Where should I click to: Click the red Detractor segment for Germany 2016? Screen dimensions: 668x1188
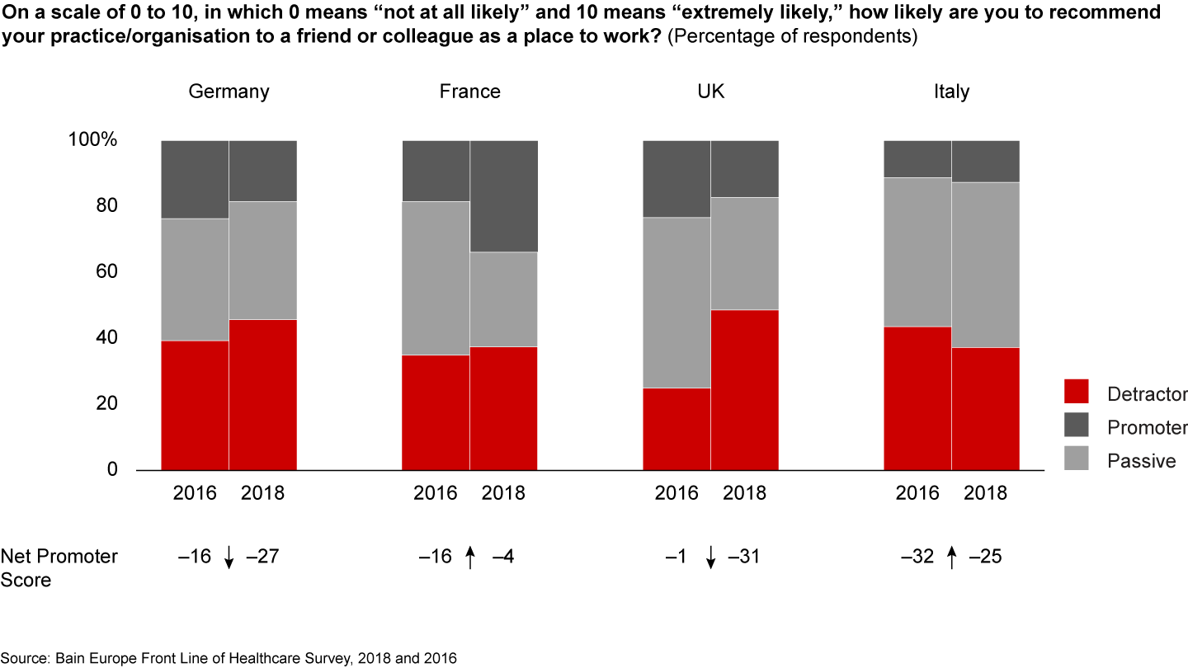pyautogui.click(x=195, y=405)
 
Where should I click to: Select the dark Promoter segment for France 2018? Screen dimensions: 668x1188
pyautogui.click(x=503, y=196)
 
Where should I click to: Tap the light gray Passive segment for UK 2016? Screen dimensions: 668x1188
pyautogui.click(x=676, y=303)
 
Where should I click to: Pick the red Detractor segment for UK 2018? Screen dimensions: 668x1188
pyautogui.click(x=744, y=389)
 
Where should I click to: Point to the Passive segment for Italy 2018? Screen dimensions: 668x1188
pyautogui.click(x=985, y=265)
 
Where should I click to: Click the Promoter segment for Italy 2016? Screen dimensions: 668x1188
pyautogui.click(x=917, y=159)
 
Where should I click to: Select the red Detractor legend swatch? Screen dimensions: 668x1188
pyautogui.click(x=1077, y=392)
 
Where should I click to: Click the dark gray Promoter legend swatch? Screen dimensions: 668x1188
pyautogui.click(x=1077, y=426)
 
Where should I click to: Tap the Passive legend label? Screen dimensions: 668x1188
pyautogui.click(x=1141, y=460)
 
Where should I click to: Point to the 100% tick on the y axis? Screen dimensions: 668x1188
pyautogui.click(x=93, y=140)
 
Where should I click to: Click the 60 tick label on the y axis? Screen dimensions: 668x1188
pyautogui.click(x=107, y=272)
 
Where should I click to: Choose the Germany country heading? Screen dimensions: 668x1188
pyautogui.click(x=229, y=92)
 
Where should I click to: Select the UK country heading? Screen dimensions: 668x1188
pyautogui.click(x=710, y=92)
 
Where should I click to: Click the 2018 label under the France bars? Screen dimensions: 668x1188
pyautogui.click(x=503, y=493)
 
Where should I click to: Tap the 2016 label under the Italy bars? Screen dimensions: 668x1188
pyautogui.click(x=917, y=493)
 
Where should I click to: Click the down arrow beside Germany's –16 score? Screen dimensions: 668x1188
pyautogui.click(x=229, y=558)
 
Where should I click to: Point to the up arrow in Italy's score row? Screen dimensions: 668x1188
pyautogui.click(x=951, y=558)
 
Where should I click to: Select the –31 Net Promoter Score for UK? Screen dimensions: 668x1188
pyautogui.click(x=743, y=557)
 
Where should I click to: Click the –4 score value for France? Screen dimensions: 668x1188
pyautogui.click(x=502, y=557)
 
